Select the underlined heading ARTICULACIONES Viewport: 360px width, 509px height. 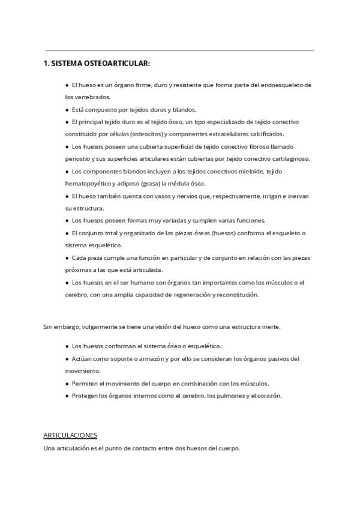[x=70, y=435]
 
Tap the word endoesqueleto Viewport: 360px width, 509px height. [x=286, y=85]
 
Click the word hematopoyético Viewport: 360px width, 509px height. [x=88, y=184]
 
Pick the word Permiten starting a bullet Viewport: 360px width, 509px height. [x=85, y=383]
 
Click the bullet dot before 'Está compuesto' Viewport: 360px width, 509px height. [x=67, y=110]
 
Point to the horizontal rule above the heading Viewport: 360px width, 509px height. [x=179, y=50]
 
